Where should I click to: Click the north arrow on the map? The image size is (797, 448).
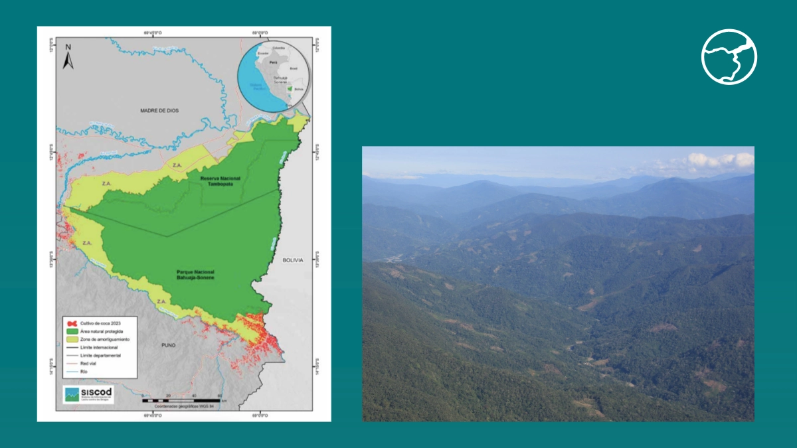pyautogui.click(x=68, y=57)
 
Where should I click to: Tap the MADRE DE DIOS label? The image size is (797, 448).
pyautogui.click(x=159, y=110)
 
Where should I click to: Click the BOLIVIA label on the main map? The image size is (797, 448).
pyautogui.click(x=292, y=260)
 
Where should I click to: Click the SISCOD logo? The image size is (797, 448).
pyautogui.click(x=88, y=395)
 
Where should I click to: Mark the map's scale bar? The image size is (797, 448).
pyautogui.click(x=183, y=400)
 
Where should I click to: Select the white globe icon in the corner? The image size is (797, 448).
pyautogui.click(x=729, y=57)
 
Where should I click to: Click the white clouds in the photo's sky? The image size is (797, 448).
pyautogui.click(x=721, y=160)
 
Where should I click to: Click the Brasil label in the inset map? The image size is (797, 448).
pyautogui.click(x=293, y=68)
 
